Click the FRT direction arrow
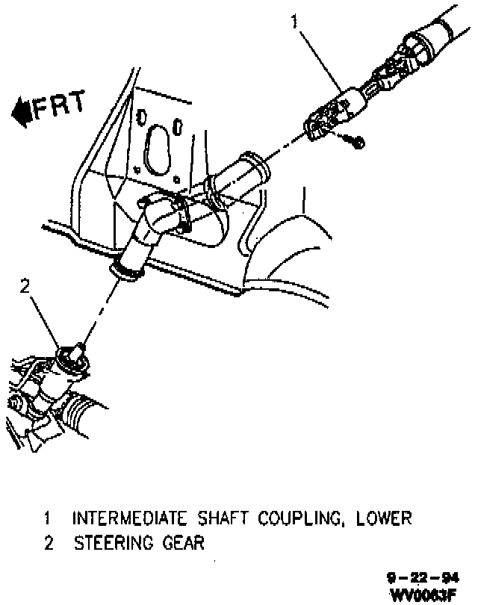20,111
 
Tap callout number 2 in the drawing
25,285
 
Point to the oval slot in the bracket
158,151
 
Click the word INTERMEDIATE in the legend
133,518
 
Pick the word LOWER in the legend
385,518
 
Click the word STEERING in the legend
114,543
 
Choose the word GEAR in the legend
182,543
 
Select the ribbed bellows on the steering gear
81,411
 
